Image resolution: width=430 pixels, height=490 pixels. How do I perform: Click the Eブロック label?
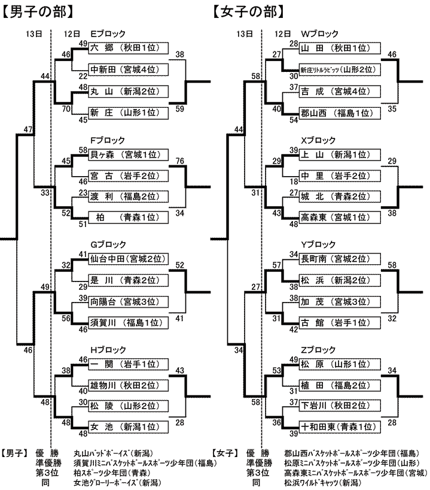coord(108,35)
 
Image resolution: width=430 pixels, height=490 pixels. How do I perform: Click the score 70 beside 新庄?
coord(66,109)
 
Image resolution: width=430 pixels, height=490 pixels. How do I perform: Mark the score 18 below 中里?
coord(293,182)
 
